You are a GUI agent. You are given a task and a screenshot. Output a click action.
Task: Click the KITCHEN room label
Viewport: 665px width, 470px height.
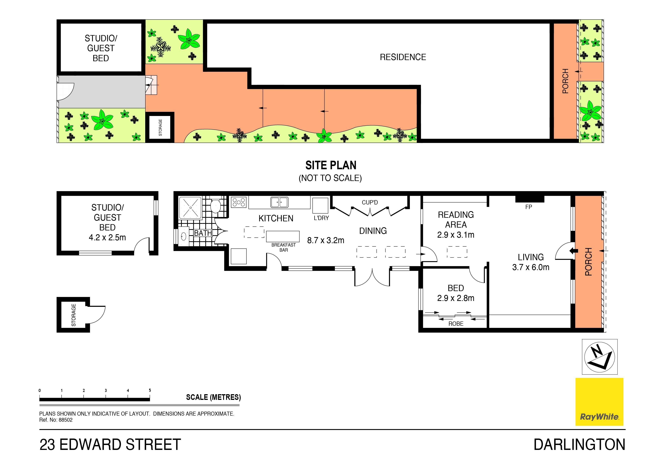point(276,218)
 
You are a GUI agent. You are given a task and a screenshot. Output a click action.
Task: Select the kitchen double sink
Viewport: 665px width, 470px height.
point(279,202)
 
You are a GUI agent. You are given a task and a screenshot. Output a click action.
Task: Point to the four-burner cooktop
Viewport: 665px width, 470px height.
point(239,202)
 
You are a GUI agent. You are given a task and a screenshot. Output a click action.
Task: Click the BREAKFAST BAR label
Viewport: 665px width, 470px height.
point(284,247)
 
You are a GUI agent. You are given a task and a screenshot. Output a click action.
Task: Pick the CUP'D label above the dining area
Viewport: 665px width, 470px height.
point(370,202)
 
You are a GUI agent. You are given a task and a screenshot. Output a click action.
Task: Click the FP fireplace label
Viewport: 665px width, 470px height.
point(529,207)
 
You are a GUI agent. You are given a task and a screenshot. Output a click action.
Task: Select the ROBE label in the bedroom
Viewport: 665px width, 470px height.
point(456,324)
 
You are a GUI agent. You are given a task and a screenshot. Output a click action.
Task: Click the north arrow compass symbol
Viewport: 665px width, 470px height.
point(600,357)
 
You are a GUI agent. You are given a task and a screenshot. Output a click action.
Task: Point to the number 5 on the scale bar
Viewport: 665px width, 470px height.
point(150,390)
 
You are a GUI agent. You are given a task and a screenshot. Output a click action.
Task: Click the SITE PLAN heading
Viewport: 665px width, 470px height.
point(331,165)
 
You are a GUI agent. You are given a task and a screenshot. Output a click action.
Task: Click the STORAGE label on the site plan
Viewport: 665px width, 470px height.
point(160,127)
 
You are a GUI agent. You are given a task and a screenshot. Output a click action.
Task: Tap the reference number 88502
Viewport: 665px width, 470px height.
point(66,420)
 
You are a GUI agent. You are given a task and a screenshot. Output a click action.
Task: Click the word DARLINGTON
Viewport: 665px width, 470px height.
point(580,445)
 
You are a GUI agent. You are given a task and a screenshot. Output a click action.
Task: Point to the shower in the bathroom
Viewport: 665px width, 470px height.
point(190,208)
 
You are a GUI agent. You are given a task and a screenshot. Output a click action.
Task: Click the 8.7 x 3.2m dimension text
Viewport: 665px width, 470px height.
point(325,240)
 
